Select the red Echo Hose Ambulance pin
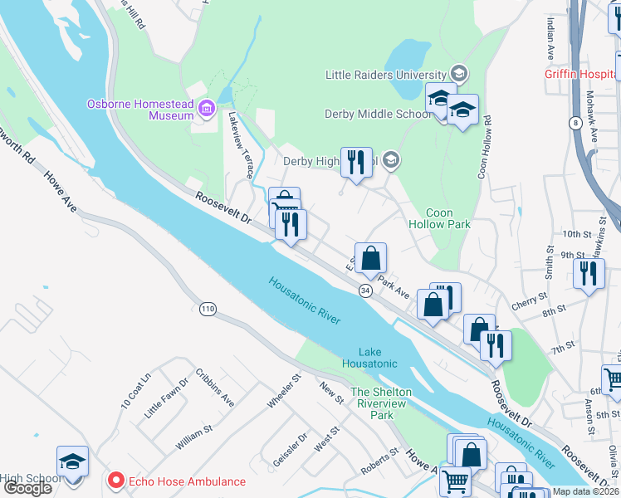pos(115,481)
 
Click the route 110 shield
pos(208,309)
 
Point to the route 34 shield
pos(365,290)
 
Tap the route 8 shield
pos(575,123)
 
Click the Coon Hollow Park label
pos(440,218)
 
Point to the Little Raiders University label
pos(386,74)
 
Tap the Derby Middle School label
pos(378,114)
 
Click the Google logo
pos(27,487)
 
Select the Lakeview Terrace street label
pos(241,146)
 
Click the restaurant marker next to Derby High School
pos(356,162)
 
